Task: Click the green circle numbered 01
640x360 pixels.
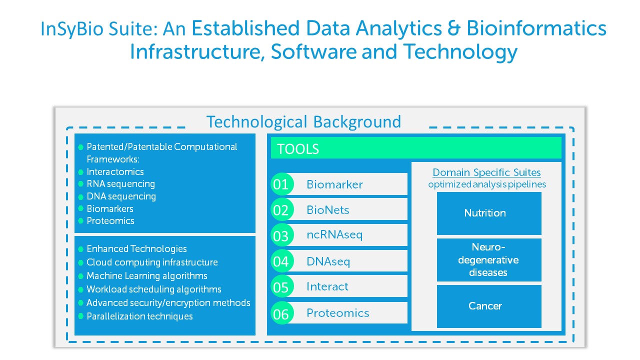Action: pos(281,184)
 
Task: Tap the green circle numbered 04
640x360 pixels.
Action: pos(281,261)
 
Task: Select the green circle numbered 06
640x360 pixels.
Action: pos(281,313)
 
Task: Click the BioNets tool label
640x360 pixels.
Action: pos(328,210)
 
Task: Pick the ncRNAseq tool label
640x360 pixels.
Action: pos(334,234)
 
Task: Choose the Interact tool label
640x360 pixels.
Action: pos(327,286)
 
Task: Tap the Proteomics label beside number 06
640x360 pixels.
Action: pos(338,313)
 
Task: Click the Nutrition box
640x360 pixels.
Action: pos(489,213)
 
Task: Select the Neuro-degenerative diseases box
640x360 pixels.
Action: pos(489,260)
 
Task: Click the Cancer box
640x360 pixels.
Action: pos(489,306)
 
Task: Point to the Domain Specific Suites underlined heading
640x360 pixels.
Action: pos(486,172)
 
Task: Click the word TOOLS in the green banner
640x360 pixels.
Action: pos(298,149)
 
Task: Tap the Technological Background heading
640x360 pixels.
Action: pos(303,122)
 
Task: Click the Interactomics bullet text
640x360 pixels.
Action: pos(115,172)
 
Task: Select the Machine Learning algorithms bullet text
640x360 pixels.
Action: pos(147,276)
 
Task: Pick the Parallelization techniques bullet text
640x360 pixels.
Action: pos(139,316)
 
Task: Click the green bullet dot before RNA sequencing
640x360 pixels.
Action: pos(80,184)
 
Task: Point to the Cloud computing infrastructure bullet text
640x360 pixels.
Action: pos(152,262)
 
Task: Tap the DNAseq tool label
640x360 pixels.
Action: pos(328,261)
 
